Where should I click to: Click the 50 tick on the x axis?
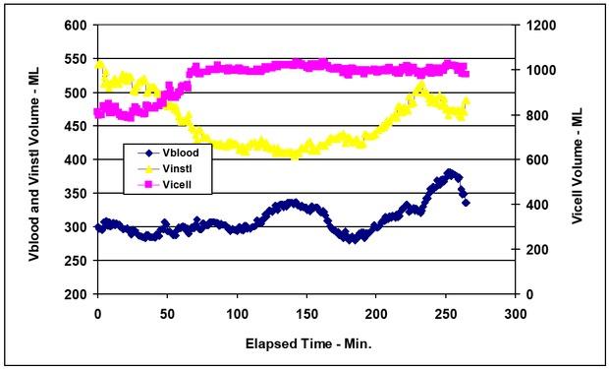coord(167,312)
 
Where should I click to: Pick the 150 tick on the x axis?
coord(305,312)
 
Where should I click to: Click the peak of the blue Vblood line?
coord(450,173)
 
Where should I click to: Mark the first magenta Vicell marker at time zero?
coord(98,112)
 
